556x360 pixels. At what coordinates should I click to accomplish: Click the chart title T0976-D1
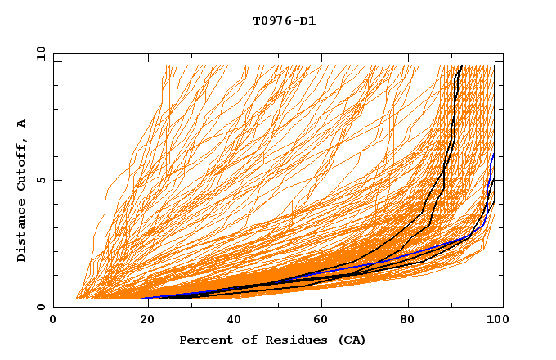tap(284, 20)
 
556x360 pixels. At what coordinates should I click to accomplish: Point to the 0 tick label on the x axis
tap(53, 322)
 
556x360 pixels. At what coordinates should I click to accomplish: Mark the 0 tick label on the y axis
tap(40, 307)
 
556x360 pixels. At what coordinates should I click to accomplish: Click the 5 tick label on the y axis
tap(40, 180)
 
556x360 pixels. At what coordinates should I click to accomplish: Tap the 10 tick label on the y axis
tap(38, 53)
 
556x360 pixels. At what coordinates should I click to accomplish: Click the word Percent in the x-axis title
tap(203, 340)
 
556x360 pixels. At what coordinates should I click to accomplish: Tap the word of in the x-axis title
tap(244, 340)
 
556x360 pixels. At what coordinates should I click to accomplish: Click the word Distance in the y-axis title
tap(21, 233)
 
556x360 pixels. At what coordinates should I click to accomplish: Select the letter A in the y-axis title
tap(21, 124)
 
